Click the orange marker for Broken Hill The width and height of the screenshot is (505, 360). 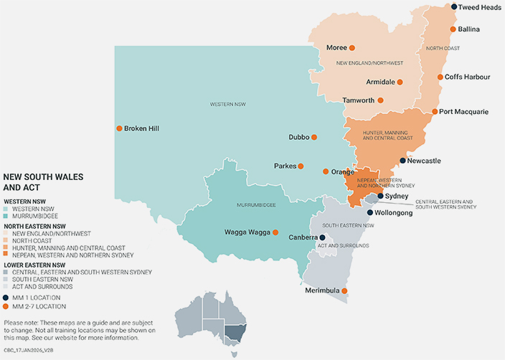click(119, 128)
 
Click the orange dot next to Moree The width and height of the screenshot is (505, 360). click(352, 48)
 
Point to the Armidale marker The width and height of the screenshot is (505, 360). click(400, 82)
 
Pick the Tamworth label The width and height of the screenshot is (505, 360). click(358, 100)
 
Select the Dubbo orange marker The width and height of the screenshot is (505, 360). click(313, 137)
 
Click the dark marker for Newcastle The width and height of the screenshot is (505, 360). click(402, 161)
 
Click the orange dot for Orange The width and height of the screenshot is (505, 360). click(325, 171)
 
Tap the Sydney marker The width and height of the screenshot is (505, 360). click(380, 196)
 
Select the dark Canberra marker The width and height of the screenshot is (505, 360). click(322, 237)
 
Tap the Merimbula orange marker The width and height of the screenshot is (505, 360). click(344, 290)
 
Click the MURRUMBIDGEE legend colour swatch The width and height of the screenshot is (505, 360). click(6, 215)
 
